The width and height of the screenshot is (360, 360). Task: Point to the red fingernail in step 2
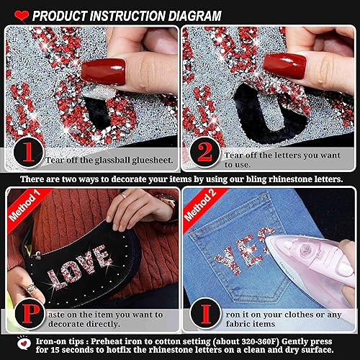click(x=285, y=63)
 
